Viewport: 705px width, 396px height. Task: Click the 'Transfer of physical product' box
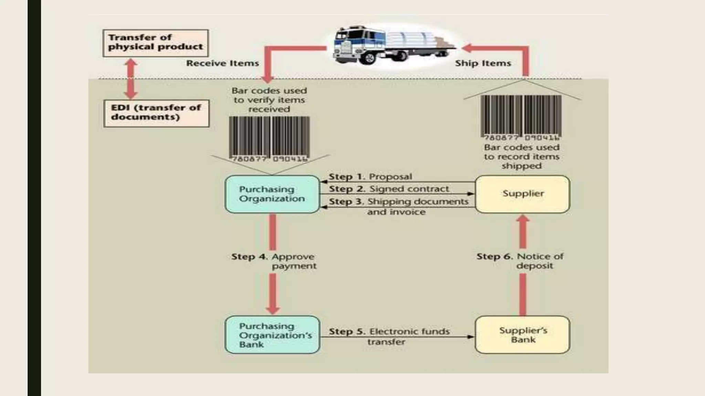point(156,43)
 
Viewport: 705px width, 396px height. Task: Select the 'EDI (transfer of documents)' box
point(156,113)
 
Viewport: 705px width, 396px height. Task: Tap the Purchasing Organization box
point(272,194)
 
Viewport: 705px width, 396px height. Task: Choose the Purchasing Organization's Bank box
point(272,335)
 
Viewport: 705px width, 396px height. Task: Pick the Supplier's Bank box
point(522,335)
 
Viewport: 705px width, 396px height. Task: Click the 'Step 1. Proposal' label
point(370,177)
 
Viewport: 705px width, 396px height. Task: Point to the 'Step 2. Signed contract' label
point(389,189)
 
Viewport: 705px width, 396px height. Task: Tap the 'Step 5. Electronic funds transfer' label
point(389,336)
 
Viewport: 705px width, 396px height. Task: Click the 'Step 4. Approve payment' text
point(274,261)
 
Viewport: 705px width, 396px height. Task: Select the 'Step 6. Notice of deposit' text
point(520,261)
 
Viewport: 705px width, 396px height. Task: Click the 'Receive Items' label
point(222,63)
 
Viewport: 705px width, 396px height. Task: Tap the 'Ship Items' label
point(483,63)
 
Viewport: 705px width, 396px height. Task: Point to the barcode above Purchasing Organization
point(269,139)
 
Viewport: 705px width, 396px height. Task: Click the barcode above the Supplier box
point(521,118)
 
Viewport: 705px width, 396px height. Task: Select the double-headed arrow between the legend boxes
point(131,79)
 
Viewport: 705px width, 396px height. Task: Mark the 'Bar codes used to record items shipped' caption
point(522,157)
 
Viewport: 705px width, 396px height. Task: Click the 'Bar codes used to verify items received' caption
point(269,100)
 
